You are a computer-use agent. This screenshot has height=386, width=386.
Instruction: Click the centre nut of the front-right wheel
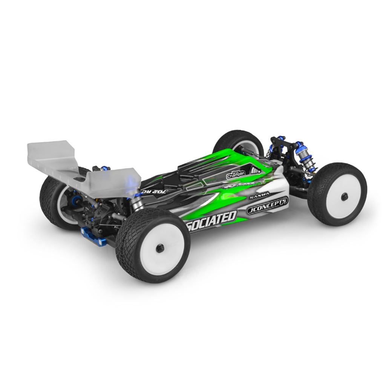[x=344, y=196]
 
